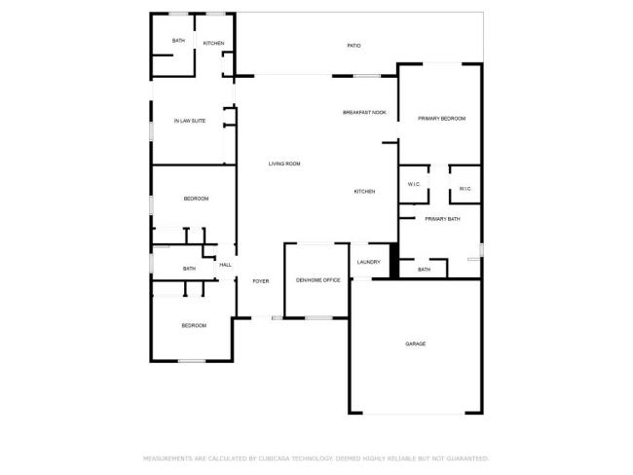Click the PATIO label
pos(354,46)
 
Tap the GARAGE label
pos(416,344)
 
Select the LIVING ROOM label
pos(284,164)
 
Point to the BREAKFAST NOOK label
pos(364,113)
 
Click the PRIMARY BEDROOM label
pos(441,119)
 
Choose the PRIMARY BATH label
pos(442,219)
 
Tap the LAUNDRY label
pos(368,262)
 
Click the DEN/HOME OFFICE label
pos(318,280)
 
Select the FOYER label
pos(260,280)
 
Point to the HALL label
pos(225,265)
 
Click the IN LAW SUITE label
pos(189,121)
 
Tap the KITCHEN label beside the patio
pos(214,44)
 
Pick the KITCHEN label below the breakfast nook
pos(364,192)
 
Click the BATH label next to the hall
pos(189,269)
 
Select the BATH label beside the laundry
pos(424,270)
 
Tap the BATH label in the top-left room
pos(178,41)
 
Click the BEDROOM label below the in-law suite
pos(196,199)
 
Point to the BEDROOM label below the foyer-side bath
pos(194,325)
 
